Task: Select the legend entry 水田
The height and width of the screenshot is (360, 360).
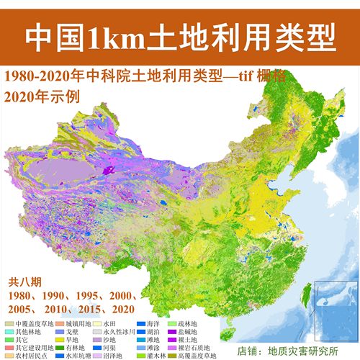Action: pyautogui.click(x=120, y=325)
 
